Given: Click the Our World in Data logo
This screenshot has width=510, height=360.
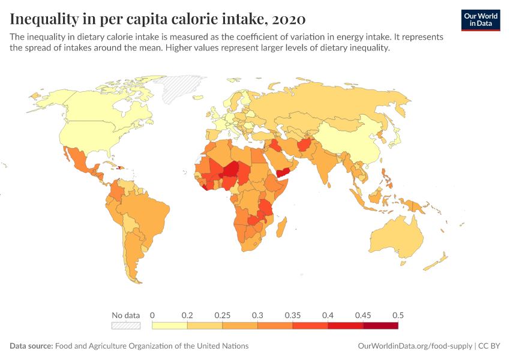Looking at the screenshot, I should coord(480,20).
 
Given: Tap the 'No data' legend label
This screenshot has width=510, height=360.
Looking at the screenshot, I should coord(125,315).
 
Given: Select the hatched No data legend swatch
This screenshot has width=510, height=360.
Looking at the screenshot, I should coord(125,326).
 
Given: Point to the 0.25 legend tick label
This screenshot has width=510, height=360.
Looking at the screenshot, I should coord(223,315).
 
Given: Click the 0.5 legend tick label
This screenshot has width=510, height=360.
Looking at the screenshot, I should coord(397,315).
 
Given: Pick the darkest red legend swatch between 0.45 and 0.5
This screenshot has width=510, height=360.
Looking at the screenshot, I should coord(380,326).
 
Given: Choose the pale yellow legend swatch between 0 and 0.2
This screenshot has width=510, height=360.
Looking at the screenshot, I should coord(170,326).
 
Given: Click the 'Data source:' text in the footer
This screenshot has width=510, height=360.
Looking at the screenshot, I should coord(31,346).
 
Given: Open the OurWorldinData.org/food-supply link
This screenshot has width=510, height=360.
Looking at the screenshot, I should coord(415,346).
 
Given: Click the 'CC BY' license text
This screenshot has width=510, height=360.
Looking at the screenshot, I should coord(489,346).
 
